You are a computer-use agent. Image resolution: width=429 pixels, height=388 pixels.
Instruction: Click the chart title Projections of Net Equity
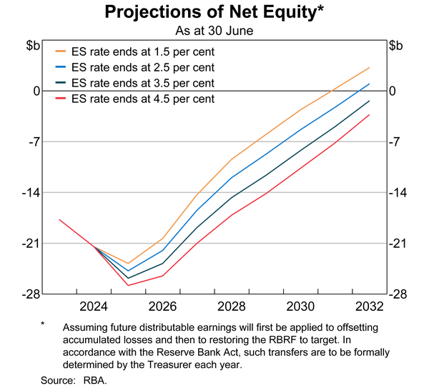(214, 12)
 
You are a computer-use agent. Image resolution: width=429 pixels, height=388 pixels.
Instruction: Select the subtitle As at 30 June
(214, 31)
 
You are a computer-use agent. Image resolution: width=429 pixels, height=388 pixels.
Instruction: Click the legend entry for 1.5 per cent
(135, 51)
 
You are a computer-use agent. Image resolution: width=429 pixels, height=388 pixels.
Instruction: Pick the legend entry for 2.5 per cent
(135, 67)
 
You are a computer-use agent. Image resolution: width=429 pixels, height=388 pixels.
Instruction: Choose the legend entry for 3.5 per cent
(135, 83)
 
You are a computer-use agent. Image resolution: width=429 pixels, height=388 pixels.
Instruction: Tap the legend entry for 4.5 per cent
(135, 99)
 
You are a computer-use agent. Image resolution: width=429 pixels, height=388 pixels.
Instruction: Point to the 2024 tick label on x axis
(94, 307)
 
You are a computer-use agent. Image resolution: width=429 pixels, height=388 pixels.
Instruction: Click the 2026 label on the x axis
(162, 307)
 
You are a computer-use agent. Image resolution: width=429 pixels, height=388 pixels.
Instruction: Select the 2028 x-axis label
(232, 307)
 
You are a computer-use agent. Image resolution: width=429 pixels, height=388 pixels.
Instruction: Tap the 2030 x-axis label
(300, 307)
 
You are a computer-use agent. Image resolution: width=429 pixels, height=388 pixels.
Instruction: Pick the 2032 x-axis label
(370, 307)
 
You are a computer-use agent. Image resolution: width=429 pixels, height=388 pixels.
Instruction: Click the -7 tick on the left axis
(34, 142)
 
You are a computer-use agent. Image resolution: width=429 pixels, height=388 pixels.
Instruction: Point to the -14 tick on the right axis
(398, 193)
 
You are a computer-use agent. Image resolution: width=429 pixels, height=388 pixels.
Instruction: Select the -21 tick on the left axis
(31, 244)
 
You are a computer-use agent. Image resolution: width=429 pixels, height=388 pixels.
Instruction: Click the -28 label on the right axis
(398, 294)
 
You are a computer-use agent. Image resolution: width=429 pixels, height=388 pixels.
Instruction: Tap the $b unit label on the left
(34, 46)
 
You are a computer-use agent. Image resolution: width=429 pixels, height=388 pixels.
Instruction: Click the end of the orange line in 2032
(370, 68)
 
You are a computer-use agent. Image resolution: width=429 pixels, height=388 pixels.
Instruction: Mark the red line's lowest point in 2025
(128, 286)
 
